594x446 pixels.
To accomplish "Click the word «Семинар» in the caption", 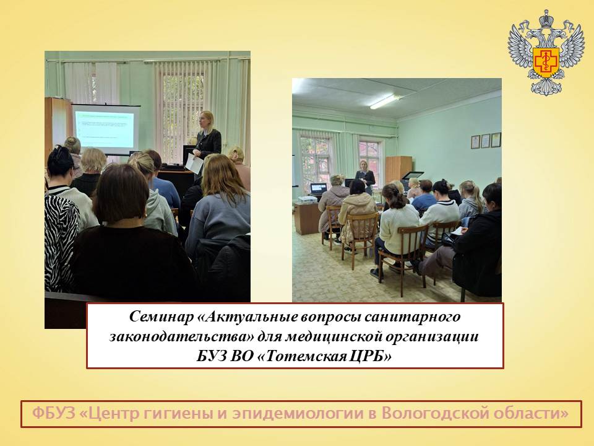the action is point(161,317).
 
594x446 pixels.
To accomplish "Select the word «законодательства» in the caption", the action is point(181,336).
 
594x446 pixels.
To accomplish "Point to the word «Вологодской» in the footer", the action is point(429,413).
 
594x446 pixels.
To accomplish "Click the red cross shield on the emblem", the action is point(546,61).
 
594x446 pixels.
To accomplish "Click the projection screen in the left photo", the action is point(105,129).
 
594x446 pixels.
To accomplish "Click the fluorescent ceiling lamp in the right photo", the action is point(384,102).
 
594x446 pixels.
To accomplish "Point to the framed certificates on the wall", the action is point(486,141).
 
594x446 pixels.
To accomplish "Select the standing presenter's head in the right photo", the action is point(364,165).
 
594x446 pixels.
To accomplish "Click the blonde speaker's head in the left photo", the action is point(207,121).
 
